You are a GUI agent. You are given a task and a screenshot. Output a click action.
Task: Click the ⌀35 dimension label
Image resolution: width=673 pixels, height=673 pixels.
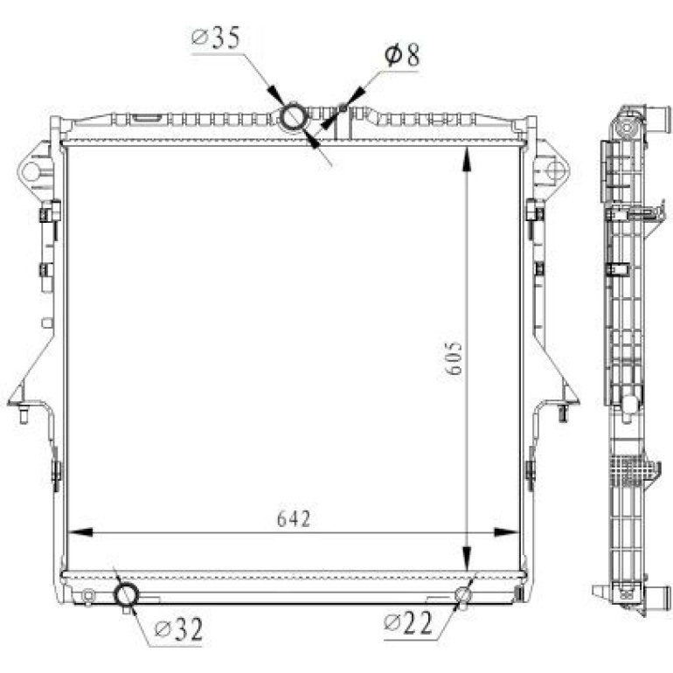[216, 38]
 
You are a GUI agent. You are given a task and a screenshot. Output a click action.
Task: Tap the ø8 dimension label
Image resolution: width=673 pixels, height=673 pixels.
[402, 55]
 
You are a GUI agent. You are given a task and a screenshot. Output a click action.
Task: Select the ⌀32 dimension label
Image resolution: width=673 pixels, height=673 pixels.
[178, 629]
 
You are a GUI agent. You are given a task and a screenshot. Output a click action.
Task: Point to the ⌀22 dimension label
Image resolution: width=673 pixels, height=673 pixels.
[408, 622]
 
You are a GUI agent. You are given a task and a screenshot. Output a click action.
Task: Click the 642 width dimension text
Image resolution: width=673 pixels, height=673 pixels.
[294, 518]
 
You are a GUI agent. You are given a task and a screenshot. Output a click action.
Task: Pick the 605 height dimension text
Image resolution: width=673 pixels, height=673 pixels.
[454, 358]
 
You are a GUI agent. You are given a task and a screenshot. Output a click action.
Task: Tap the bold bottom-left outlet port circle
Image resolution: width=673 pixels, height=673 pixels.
[126, 595]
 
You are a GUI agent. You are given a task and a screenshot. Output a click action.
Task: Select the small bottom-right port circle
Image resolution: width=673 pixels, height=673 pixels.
[463, 595]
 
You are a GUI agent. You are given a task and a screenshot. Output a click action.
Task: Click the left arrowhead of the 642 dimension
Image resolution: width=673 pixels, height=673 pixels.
[80, 532]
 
